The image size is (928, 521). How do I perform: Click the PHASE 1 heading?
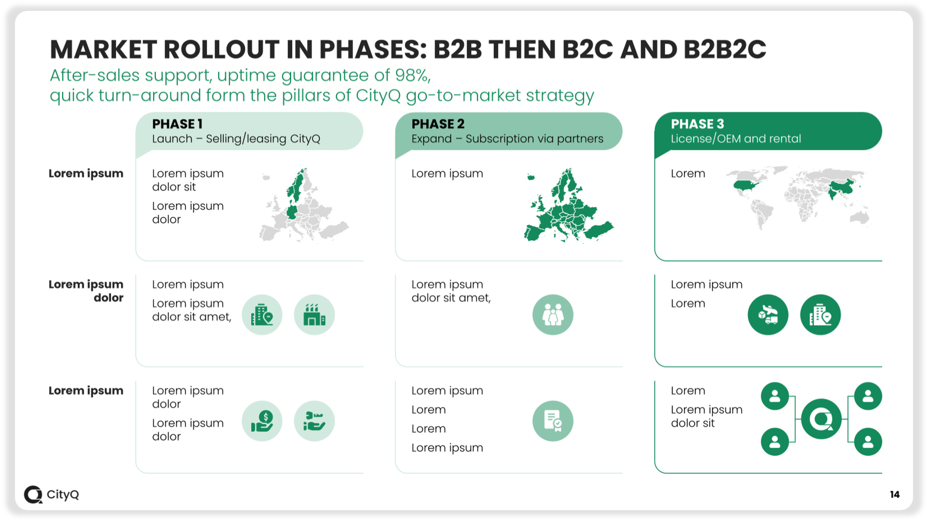pos(177,124)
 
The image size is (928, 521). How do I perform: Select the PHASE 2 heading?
pos(438,124)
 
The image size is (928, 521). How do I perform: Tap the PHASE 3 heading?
pos(698,124)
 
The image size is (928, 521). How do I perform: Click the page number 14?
pos(895,494)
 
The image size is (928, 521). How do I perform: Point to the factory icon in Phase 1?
pos(314,315)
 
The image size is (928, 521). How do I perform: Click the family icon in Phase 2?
pos(553,315)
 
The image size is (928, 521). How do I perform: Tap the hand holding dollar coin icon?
pos(262,421)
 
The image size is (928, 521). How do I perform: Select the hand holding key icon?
pos(314,421)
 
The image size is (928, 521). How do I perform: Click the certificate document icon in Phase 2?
pos(553,421)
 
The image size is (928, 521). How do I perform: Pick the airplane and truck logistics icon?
pos(768,315)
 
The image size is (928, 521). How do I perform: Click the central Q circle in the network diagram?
pos(821,419)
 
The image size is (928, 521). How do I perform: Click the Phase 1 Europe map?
pos(304,205)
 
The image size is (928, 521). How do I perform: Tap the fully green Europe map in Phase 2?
pos(569,205)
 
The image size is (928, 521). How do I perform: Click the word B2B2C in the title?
pos(725,49)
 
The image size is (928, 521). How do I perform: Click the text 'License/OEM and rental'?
pos(736,139)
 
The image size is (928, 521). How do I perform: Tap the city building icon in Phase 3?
pos(821,315)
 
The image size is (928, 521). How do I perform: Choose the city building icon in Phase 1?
pos(262,315)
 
